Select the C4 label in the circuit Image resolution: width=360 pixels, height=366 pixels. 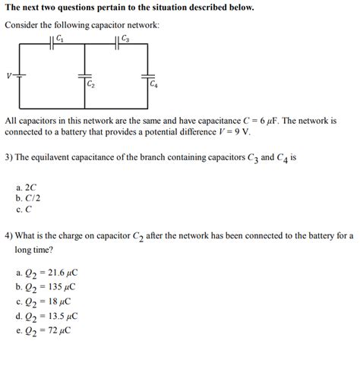[153, 84]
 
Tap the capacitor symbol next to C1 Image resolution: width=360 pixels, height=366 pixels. [52, 43]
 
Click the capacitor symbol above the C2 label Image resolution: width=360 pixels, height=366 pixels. [84, 75]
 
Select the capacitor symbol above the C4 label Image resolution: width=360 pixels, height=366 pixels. [147, 75]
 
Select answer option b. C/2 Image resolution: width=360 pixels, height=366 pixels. [28, 197]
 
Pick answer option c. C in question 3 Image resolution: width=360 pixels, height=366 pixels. [24, 208]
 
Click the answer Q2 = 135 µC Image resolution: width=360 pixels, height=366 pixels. [46, 287]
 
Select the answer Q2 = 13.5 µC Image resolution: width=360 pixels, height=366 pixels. [47, 316]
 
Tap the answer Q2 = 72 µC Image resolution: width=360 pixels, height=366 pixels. [44, 330]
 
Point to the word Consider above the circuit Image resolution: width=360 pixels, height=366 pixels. [23, 25]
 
